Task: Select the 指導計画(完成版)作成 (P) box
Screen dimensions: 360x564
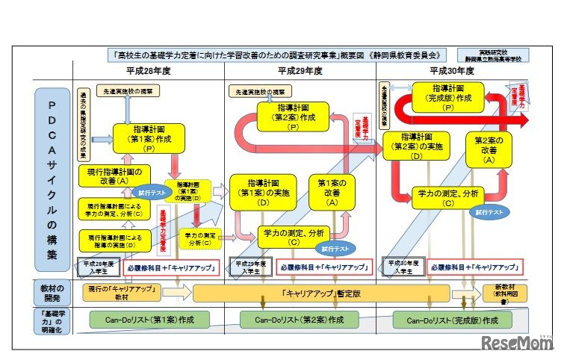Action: [452, 97]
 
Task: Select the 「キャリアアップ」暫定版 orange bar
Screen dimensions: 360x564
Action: [321, 293]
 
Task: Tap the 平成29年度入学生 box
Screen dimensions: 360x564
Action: [251, 266]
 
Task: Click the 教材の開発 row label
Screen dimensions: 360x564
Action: [52, 293]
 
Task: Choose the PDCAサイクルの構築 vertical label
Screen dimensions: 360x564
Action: [52, 179]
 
